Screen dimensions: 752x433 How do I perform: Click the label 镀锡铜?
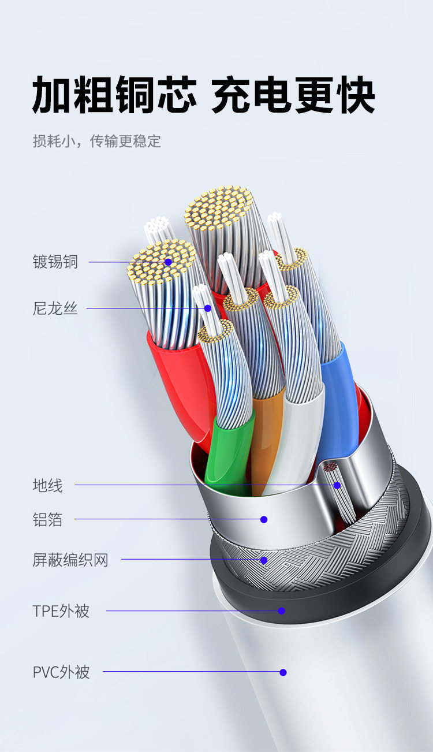click(55, 262)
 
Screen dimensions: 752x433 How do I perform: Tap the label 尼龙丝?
click(55, 308)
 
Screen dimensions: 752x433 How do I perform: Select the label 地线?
click(47, 485)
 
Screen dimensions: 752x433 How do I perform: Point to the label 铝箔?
click(47, 520)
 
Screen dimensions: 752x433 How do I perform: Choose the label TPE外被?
click(61, 610)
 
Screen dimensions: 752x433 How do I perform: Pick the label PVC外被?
click(61, 672)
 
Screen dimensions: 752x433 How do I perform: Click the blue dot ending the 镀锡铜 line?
click(168, 262)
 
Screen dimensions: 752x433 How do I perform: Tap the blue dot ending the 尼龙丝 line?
click(208, 308)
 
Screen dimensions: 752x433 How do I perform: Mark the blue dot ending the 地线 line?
click(337, 485)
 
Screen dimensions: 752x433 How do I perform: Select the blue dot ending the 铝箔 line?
click(264, 519)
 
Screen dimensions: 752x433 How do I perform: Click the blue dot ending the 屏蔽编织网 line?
click(264, 559)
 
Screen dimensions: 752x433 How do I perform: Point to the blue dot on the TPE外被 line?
click(282, 610)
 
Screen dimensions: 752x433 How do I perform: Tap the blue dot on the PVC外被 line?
click(283, 672)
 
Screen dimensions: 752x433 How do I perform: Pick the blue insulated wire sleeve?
click(338, 399)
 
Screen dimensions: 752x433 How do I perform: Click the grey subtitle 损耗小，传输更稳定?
click(96, 141)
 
